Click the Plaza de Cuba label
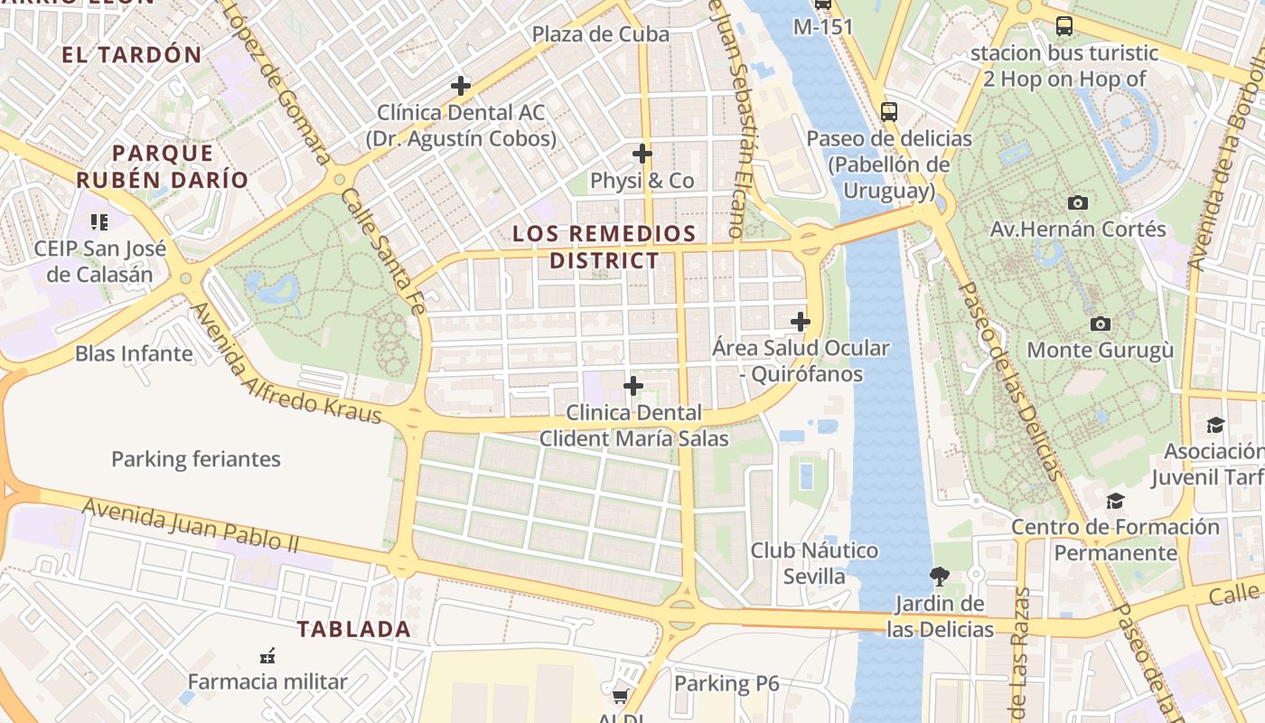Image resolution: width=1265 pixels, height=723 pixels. click(600, 34)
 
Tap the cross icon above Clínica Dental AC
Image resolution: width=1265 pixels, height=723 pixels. click(461, 86)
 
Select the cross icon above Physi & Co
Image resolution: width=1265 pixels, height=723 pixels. click(642, 154)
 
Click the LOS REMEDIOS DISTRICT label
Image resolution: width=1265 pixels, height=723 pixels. click(604, 247)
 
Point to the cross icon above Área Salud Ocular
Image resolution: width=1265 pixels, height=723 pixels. click(801, 321)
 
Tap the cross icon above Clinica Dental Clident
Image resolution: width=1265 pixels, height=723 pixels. click(633, 386)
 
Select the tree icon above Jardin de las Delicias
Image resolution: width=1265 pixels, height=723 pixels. click(940, 576)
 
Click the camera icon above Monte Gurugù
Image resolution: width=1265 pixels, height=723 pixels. click(1100, 324)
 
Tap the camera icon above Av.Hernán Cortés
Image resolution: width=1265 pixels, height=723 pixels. click(1077, 202)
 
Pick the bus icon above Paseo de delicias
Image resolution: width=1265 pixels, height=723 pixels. click(889, 112)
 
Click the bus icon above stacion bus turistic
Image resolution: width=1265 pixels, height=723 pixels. click(1064, 26)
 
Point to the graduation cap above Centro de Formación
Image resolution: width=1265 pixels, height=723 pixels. click(1116, 500)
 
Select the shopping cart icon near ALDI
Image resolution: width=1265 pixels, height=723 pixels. click(620, 696)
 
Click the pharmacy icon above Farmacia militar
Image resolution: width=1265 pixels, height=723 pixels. click(267, 654)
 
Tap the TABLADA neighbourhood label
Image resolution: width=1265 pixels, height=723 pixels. click(354, 629)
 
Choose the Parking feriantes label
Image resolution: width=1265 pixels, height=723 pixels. click(196, 459)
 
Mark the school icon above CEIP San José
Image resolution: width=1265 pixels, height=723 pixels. click(99, 221)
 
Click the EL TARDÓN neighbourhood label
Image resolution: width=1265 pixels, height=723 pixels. click(132, 54)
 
